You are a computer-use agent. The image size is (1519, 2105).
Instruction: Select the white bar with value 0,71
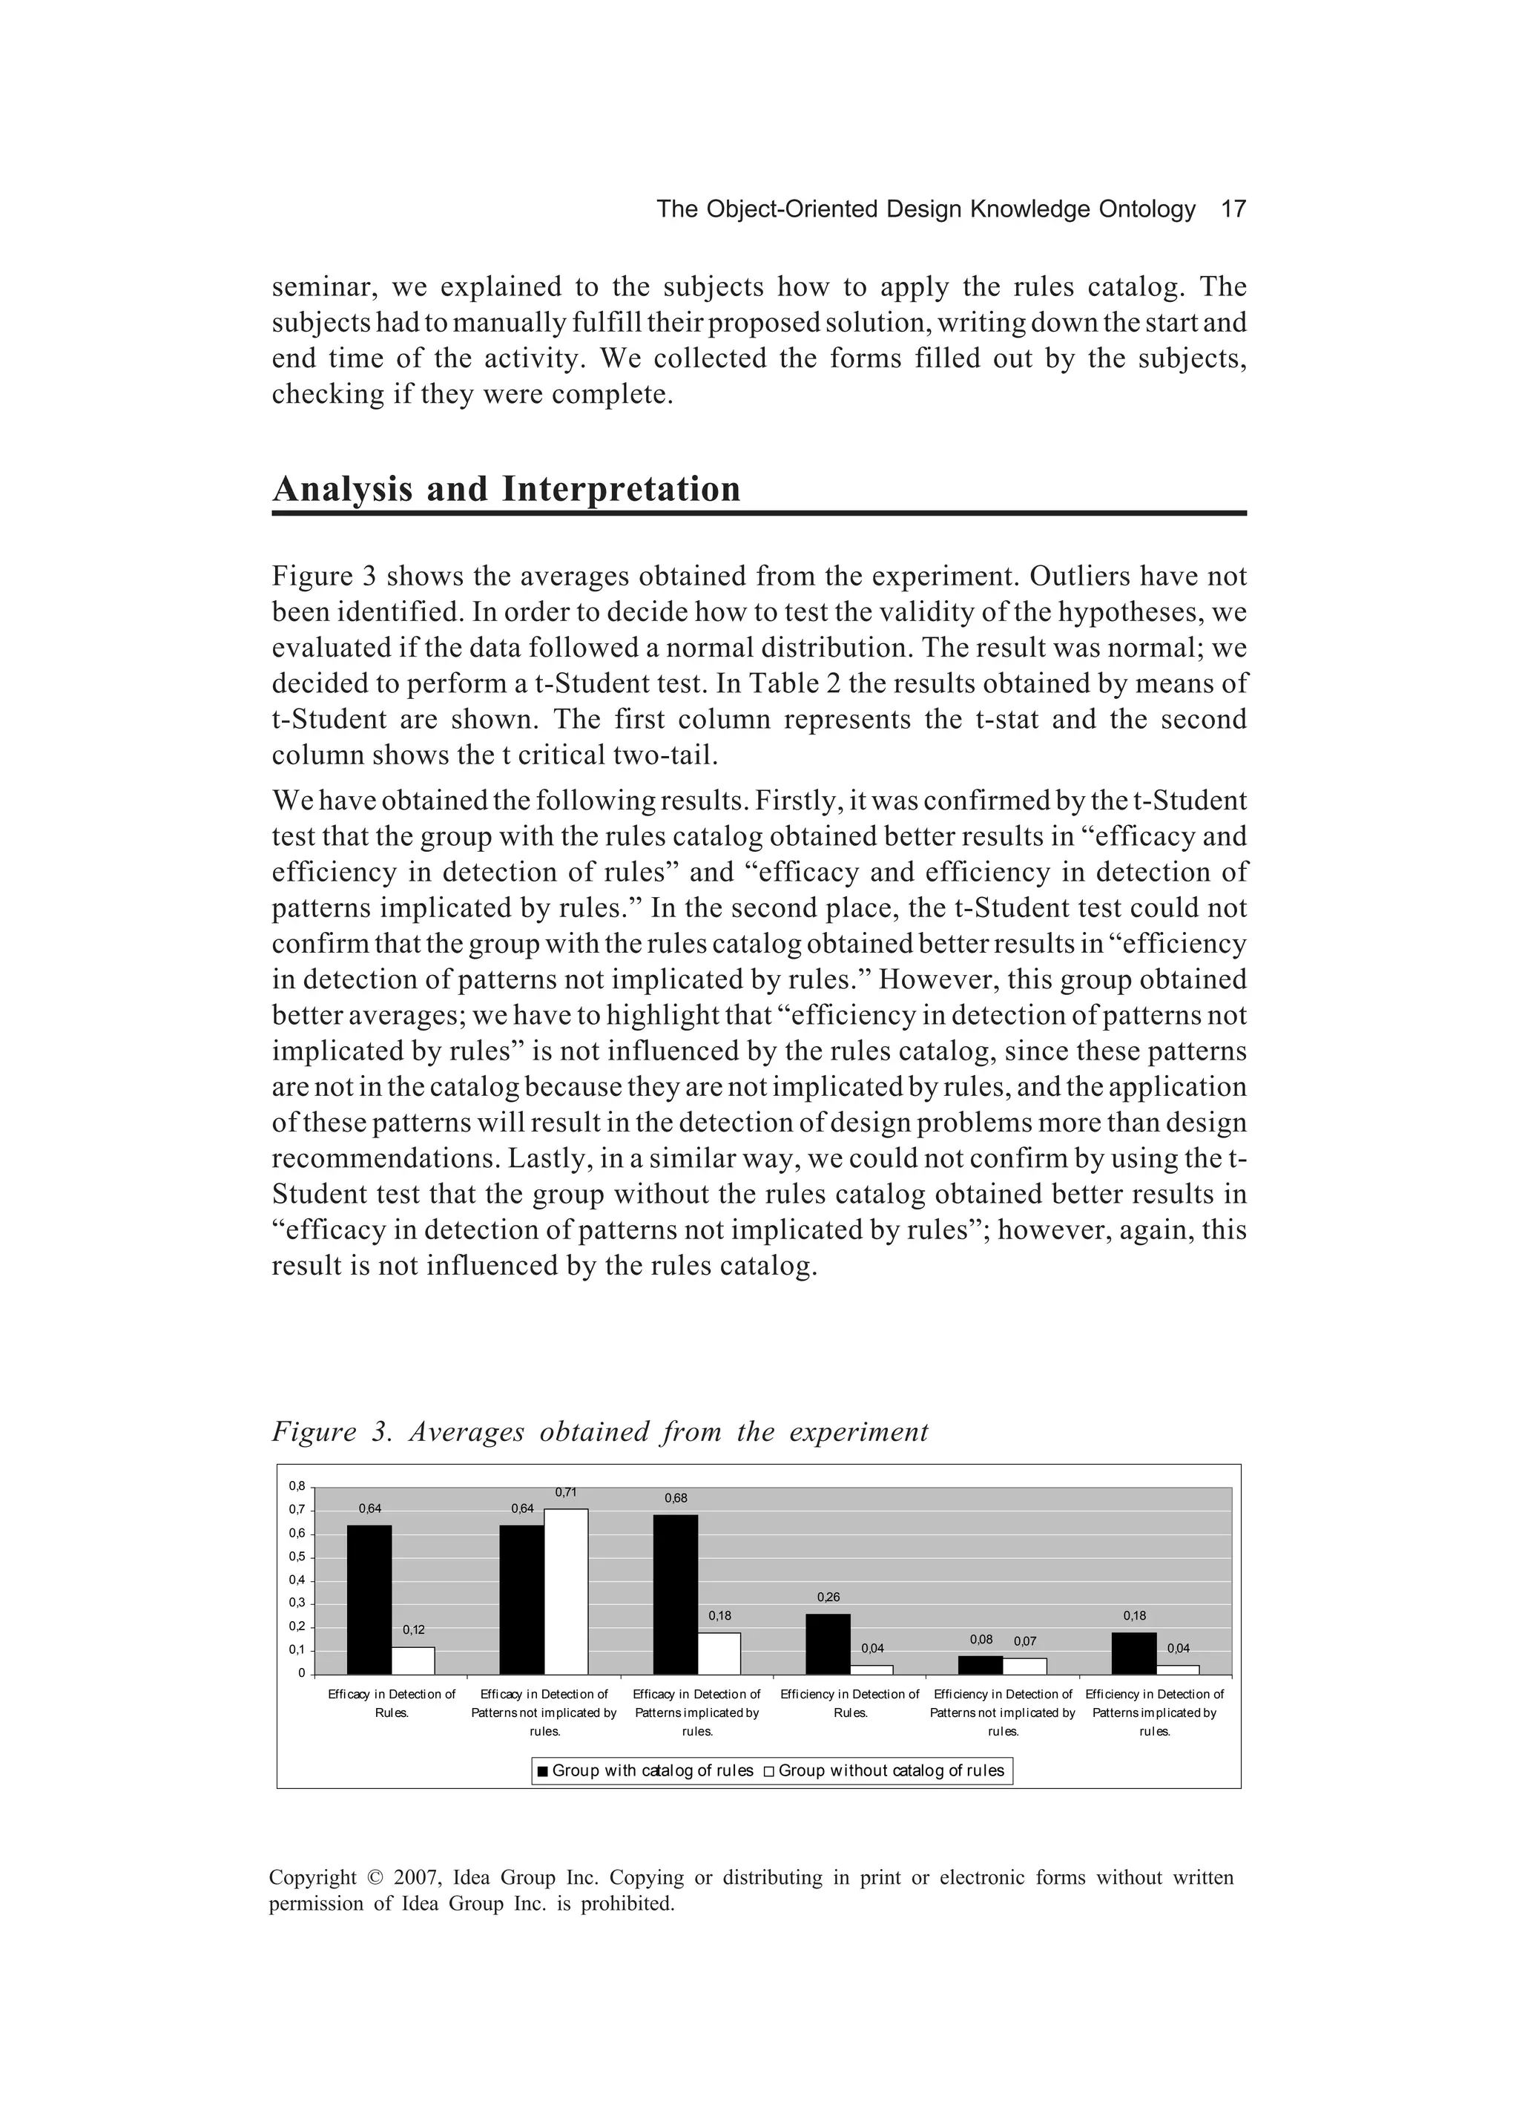pos(565,1591)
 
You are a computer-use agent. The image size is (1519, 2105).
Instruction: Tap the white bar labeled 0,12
pos(413,1660)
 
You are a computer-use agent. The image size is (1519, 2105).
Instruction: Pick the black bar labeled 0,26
pos(828,1643)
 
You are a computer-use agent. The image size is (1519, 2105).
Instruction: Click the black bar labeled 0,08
pos(980,1664)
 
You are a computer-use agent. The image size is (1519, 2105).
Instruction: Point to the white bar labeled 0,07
pos(1024,1665)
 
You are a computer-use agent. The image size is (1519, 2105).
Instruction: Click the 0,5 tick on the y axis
pos(297,1557)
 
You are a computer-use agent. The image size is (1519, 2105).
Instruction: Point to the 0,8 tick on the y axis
pos(297,1486)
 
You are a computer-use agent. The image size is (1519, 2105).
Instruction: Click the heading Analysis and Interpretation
pos(507,489)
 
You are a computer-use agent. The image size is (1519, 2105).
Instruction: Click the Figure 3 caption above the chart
pos(599,1431)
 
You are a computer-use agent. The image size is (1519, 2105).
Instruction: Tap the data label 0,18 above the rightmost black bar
pos(1134,1615)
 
